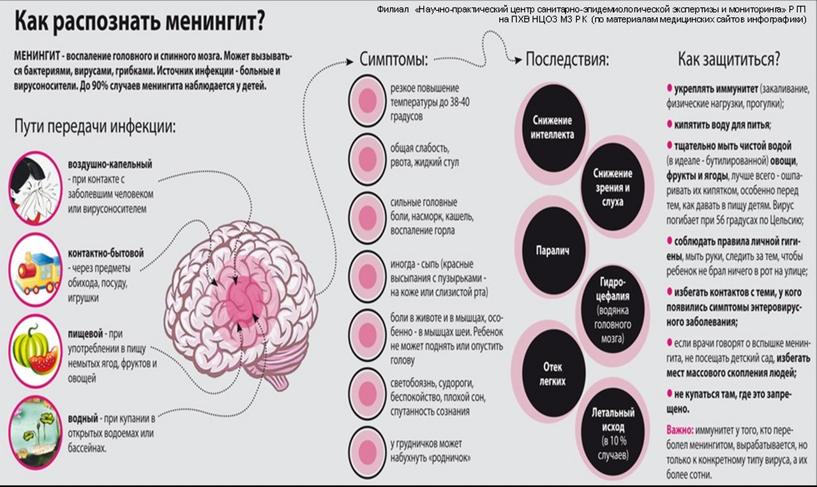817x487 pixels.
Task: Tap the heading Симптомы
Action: pyautogui.click(x=394, y=59)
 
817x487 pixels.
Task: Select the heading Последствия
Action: pyautogui.click(x=567, y=59)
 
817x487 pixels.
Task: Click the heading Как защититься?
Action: pyautogui.click(x=729, y=59)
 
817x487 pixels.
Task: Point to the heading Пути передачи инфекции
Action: pyautogui.click(x=95, y=127)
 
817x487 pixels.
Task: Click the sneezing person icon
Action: pyautogui.click(x=35, y=188)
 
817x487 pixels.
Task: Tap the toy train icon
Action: pyautogui.click(x=35, y=270)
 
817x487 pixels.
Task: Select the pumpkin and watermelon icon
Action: pyautogui.click(x=35, y=351)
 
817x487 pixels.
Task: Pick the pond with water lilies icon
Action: pyautogui.click(x=35, y=433)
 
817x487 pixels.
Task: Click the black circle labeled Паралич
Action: pyautogui.click(x=553, y=251)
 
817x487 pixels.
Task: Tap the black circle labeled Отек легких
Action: pyautogui.click(x=553, y=374)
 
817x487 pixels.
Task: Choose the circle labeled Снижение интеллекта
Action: pyautogui.click(x=553, y=127)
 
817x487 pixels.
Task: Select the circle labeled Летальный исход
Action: pyautogui.click(x=613, y=434)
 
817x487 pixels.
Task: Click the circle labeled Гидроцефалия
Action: pyautogui.click(x=613, y=310)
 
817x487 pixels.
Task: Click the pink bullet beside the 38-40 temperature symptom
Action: pyautogui.click(x=367, y=101)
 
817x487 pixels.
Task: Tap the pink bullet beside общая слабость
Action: pyautogui.click(x=367, y=159)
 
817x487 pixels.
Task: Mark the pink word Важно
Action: pyautogui.click(x=680, y=430)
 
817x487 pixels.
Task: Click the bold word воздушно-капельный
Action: pyautogui.click(x=110, y=164)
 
